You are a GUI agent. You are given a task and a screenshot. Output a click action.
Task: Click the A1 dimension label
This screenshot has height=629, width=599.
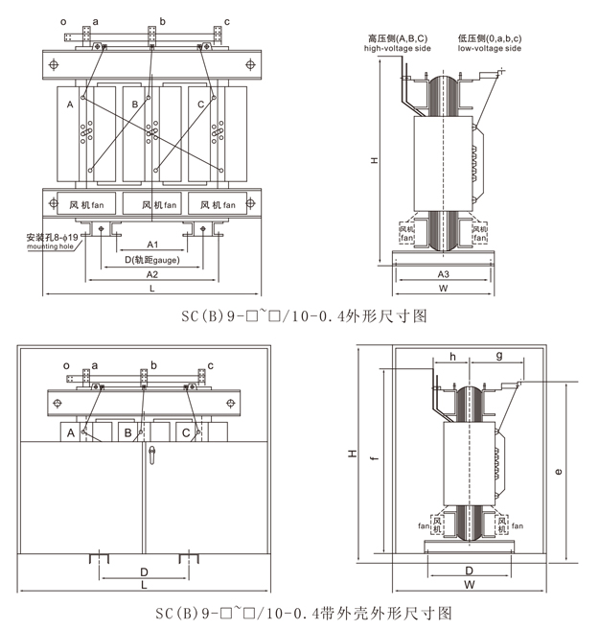point(152,245)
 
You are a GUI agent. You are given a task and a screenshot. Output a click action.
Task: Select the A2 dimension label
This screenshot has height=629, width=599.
point(152,274)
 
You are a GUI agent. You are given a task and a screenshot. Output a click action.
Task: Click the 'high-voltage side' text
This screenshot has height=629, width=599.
point(397,47)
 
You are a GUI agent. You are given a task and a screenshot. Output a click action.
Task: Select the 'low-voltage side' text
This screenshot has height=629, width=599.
point(490,47)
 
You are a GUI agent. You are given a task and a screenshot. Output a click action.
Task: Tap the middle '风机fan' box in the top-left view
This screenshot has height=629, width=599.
point(159,204)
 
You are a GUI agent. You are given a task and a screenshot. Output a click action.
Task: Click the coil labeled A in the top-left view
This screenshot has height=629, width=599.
point(70,104)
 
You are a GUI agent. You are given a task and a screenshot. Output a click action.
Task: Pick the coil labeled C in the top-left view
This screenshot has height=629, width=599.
point(200,104)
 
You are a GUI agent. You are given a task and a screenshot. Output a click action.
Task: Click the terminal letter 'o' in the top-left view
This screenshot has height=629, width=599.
point(63,20)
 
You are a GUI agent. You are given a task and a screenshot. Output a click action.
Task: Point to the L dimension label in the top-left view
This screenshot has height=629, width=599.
point(152,288)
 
